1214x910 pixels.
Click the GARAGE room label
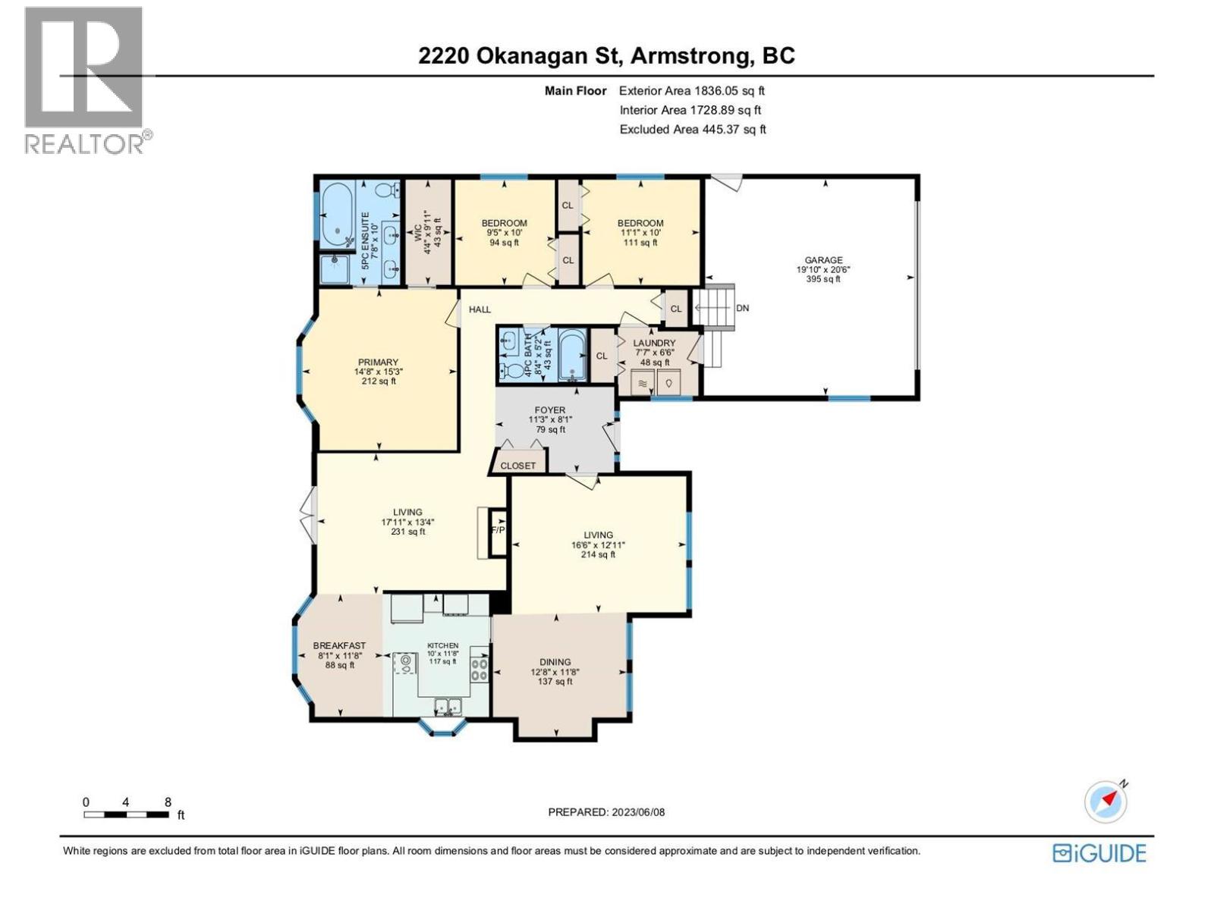coord(823,260)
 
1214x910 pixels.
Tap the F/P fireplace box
coord(498,530)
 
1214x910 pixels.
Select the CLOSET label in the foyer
coord(518,466)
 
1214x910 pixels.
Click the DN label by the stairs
coord(742,308)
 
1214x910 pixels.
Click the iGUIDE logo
coord(1099,853)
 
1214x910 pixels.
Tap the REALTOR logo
coord(85,80)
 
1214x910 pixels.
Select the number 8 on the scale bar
coord(168,802)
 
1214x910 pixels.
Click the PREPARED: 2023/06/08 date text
coord(606,812)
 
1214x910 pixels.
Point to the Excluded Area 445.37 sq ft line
coord(692,130)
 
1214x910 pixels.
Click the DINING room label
coord(555,662)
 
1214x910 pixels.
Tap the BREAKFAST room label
coord(339,646)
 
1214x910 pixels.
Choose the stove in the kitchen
coord(480,668)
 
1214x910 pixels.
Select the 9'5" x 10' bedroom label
coord(504,223)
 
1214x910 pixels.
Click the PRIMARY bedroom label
coord(378,362)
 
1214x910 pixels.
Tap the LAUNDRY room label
coord(654,344)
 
